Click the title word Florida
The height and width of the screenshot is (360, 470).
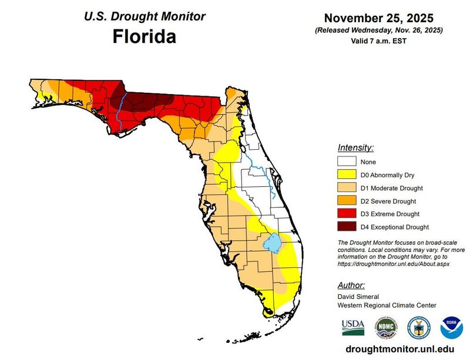click(144, 38)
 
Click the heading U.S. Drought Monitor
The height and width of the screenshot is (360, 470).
click(144, 16)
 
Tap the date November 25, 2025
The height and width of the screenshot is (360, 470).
click(379, 18)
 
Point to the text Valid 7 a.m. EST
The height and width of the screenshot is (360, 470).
click(379, 41)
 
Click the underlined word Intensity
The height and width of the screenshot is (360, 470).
click(355, 147)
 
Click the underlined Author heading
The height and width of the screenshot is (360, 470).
click(351, 285)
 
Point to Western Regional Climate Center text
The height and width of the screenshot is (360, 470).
click(387, 305)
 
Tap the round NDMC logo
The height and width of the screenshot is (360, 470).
click(386, 326)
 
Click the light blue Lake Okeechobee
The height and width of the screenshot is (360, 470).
click(272, 241)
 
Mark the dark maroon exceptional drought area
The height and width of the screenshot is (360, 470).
click(147, 101)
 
